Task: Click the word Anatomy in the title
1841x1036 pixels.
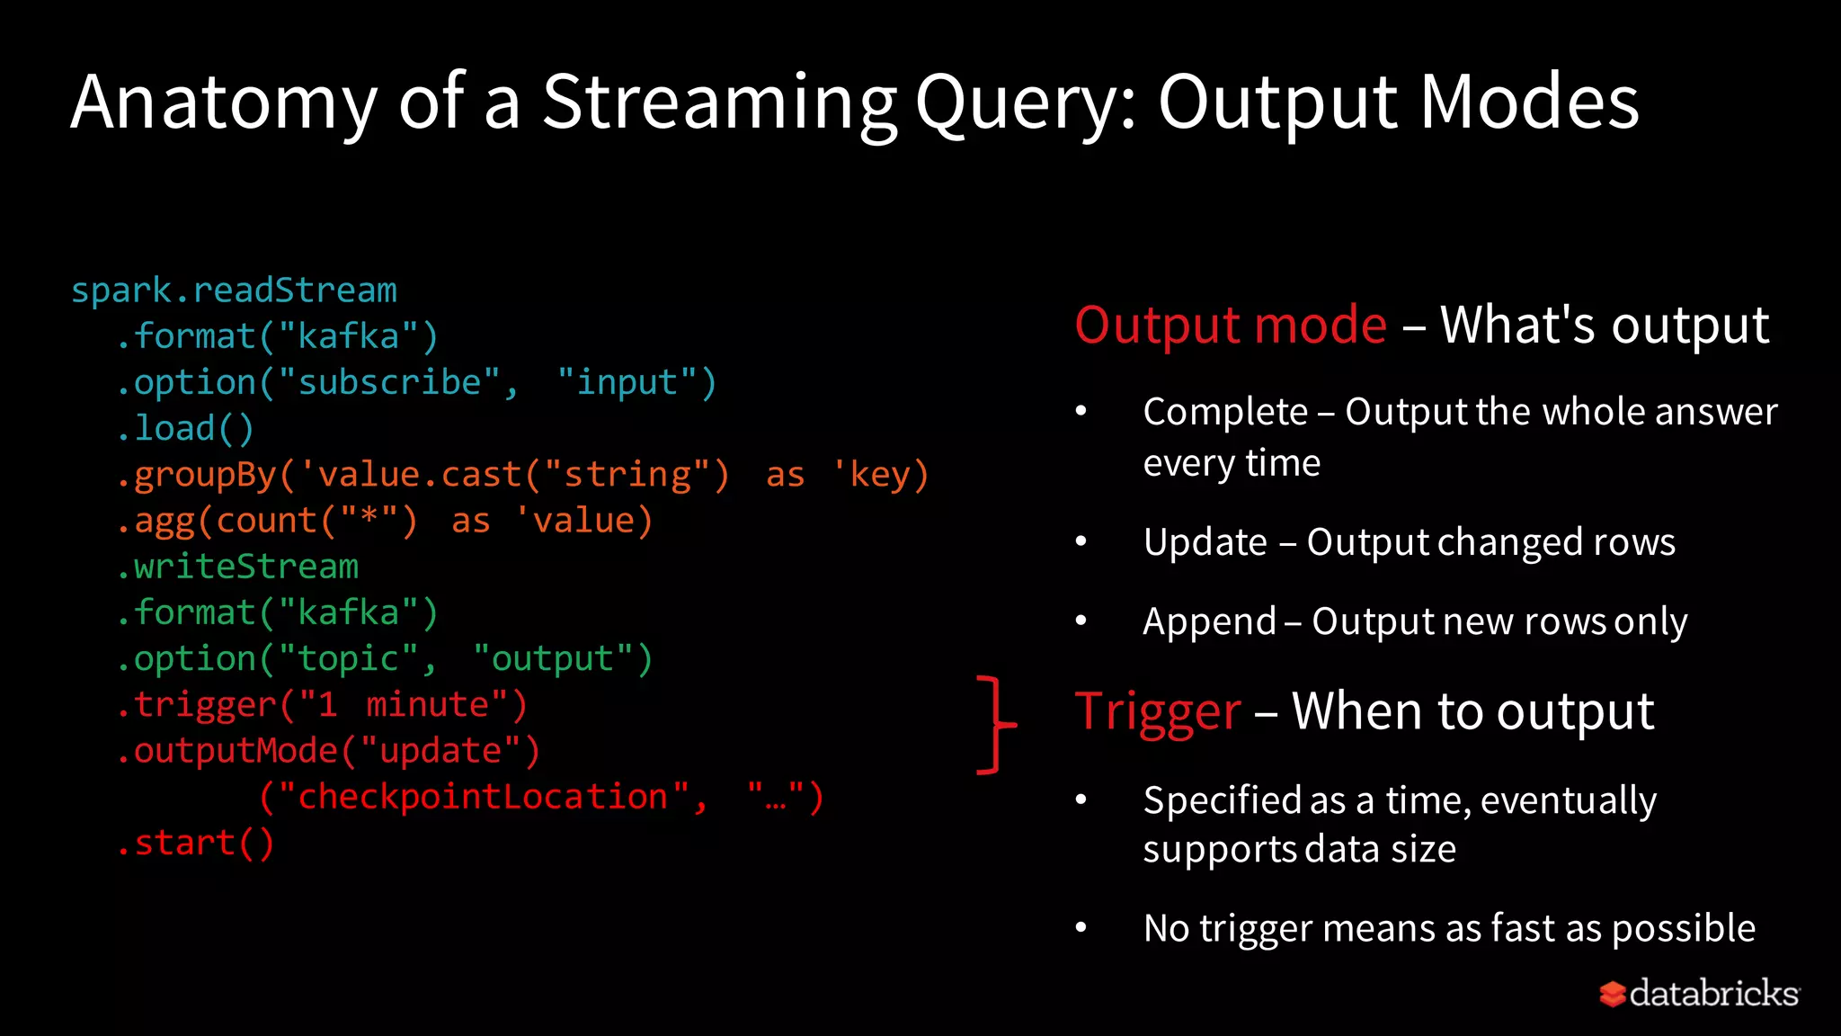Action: tap(223, 103)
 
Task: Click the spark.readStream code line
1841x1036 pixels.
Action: tap(234, 290)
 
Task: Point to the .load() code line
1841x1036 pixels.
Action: tap(185, 429)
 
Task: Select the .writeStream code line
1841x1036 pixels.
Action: tap(237, 567)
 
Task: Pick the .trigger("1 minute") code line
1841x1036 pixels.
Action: tap(322, 705)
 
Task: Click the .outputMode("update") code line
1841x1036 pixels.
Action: tap(328, 751)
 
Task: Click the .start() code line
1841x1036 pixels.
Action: tap(195, 844)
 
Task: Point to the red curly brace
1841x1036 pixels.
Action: tap(994, 724)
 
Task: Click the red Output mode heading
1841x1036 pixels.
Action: tap(1231, 325)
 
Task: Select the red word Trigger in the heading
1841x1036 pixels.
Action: tap(1158, 711)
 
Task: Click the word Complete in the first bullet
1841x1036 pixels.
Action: tap(1224, 412)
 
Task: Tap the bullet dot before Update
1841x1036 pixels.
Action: tap(1081, 541)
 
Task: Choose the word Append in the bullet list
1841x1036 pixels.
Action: tap(1209, 621)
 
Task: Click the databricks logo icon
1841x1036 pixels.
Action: tap(1612, 994)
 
